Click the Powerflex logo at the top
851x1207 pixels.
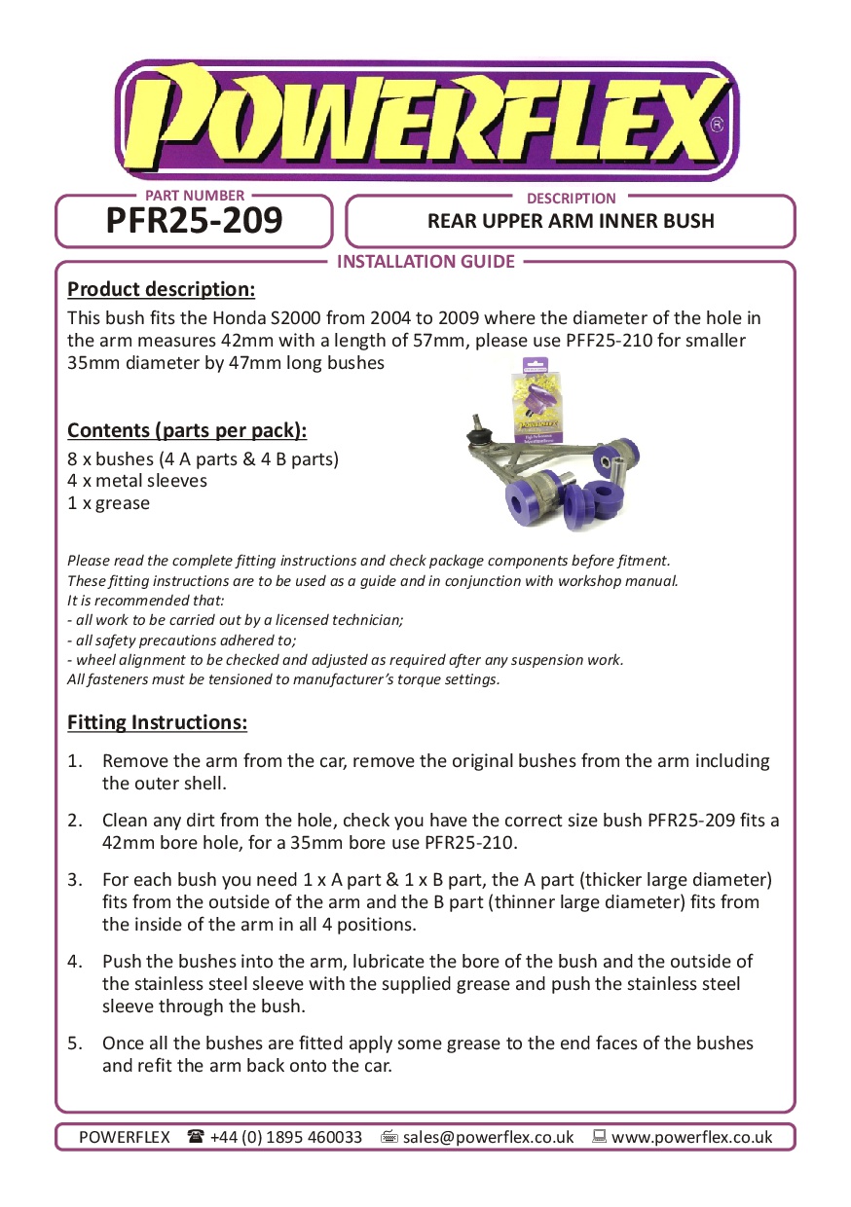click(x=425, y=119)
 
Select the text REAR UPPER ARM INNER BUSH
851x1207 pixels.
click(x=571, y=222)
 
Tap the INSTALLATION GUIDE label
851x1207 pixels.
click(x=425, y=261)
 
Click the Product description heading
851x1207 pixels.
click(x=161, y=290)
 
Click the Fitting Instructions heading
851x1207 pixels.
click(x=157, y=723)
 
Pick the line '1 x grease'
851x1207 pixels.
click(x=108, y=503)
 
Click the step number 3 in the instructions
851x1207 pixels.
click(x=74, y=880)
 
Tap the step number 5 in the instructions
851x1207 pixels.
click(x=74, y=1043)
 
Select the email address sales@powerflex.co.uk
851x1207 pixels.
click(x=488, y=1137)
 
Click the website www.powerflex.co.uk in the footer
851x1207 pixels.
click(x=691, y=1137)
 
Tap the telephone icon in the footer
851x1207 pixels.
click(x=196, y=1136)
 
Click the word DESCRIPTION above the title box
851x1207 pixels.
click(x=571, y=199)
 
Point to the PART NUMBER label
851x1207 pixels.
click(x=195, y=196)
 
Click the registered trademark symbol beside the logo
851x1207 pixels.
click(x=718, y=125)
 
